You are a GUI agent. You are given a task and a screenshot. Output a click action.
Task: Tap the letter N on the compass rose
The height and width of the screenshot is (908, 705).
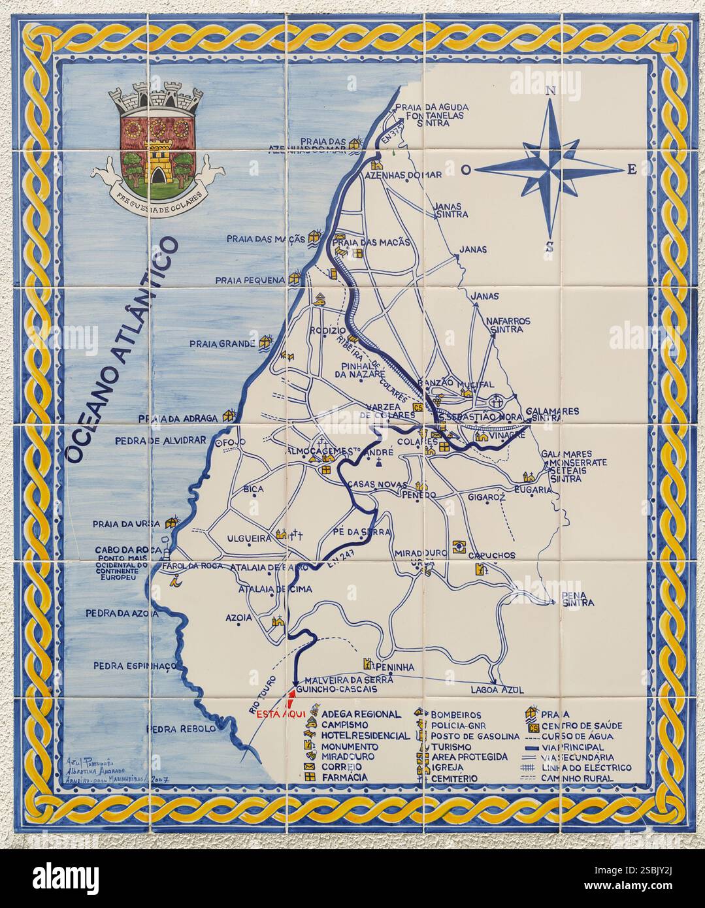[x=550, y=91]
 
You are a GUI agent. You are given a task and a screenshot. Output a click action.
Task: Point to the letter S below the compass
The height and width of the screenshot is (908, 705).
[x=549, y=247]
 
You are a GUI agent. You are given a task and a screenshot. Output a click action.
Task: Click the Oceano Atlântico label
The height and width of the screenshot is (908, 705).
[x=123, y=350]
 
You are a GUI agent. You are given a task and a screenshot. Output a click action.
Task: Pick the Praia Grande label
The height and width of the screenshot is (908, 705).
[x=222, y=343]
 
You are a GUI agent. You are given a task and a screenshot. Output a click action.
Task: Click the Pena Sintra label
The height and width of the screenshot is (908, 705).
[x=578, y=598]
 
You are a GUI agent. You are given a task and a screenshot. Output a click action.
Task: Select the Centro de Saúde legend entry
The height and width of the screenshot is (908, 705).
[x=582, y=726]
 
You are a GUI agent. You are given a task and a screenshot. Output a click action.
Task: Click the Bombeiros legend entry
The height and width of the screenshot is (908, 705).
[x=455, y=715]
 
